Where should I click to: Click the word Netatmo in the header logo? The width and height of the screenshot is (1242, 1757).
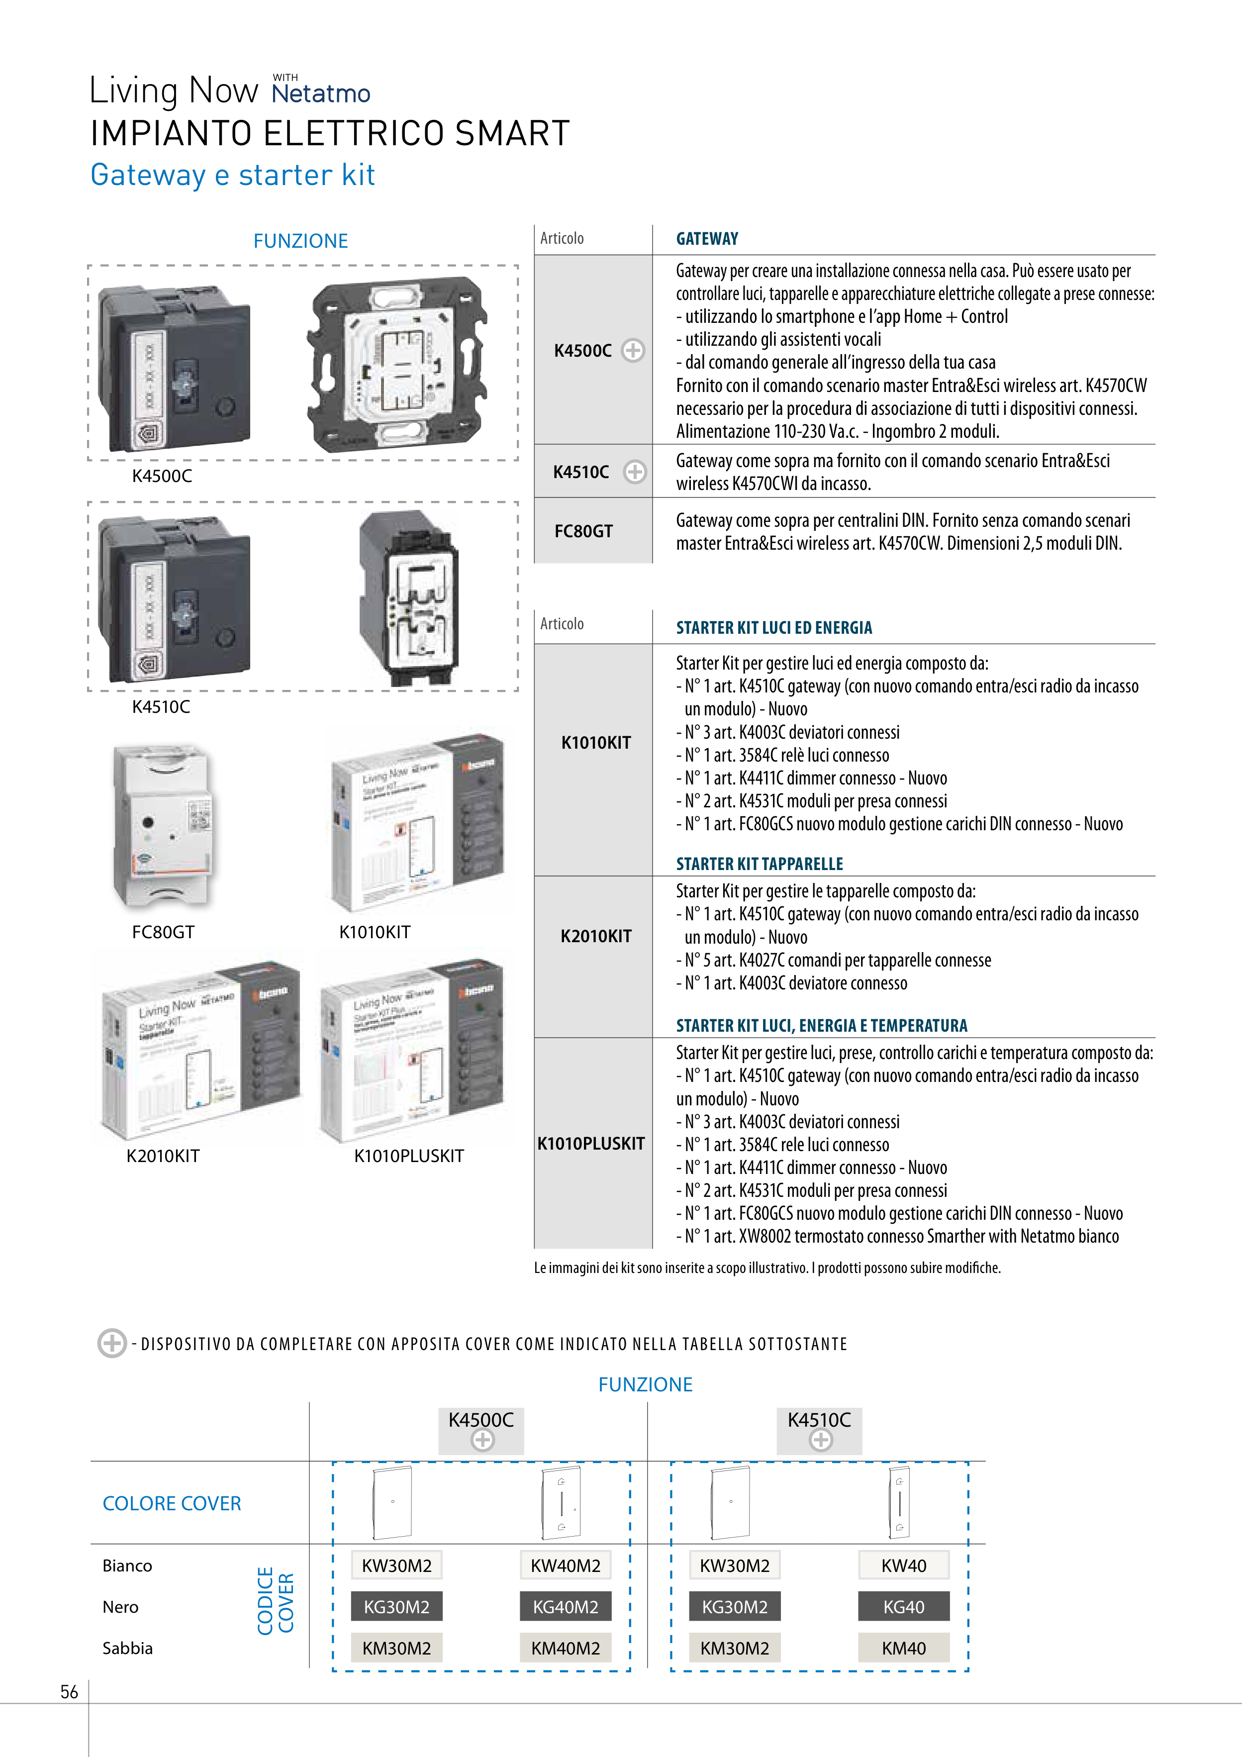(321, 94)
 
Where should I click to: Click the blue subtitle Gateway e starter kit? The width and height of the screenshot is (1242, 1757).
(233, 175)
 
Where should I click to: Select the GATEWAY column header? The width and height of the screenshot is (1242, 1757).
(707, 239)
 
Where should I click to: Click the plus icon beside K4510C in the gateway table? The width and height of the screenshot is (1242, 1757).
(634, 472)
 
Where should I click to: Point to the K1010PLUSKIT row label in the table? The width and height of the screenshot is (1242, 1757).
(591, 1143)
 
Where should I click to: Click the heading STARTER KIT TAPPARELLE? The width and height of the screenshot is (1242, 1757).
(759, 864)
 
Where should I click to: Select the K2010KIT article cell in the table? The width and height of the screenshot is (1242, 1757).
(596, 936)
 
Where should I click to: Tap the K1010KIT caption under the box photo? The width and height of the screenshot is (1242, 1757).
(375, 932)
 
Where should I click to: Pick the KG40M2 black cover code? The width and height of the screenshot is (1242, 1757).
(566, 1607)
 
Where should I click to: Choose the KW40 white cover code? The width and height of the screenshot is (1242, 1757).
(904, 1565)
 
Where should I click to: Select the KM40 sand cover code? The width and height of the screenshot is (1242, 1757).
(904, 1649)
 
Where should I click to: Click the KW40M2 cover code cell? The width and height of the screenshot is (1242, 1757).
(566, 1565)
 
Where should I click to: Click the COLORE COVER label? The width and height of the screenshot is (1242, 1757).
(172, 1504)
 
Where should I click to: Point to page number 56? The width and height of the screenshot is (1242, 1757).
(69, 1692)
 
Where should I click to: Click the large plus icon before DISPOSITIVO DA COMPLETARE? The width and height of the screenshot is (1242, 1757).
(112, 1343)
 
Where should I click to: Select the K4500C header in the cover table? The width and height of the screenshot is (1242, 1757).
(480, 1420)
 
